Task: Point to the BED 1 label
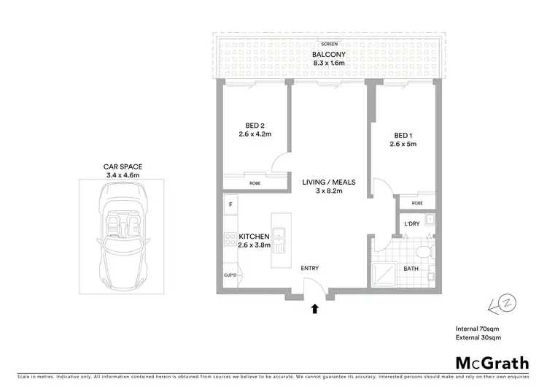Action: [403, 135]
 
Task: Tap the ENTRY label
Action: [310, 269]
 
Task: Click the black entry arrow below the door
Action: [315, 309]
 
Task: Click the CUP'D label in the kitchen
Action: [230, 275]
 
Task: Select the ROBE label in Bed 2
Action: [255, 183]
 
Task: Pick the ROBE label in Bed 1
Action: [416, 203]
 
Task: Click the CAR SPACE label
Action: [121, 166]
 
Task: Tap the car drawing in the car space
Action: [121, 236]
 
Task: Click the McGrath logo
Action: [489, 362]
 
